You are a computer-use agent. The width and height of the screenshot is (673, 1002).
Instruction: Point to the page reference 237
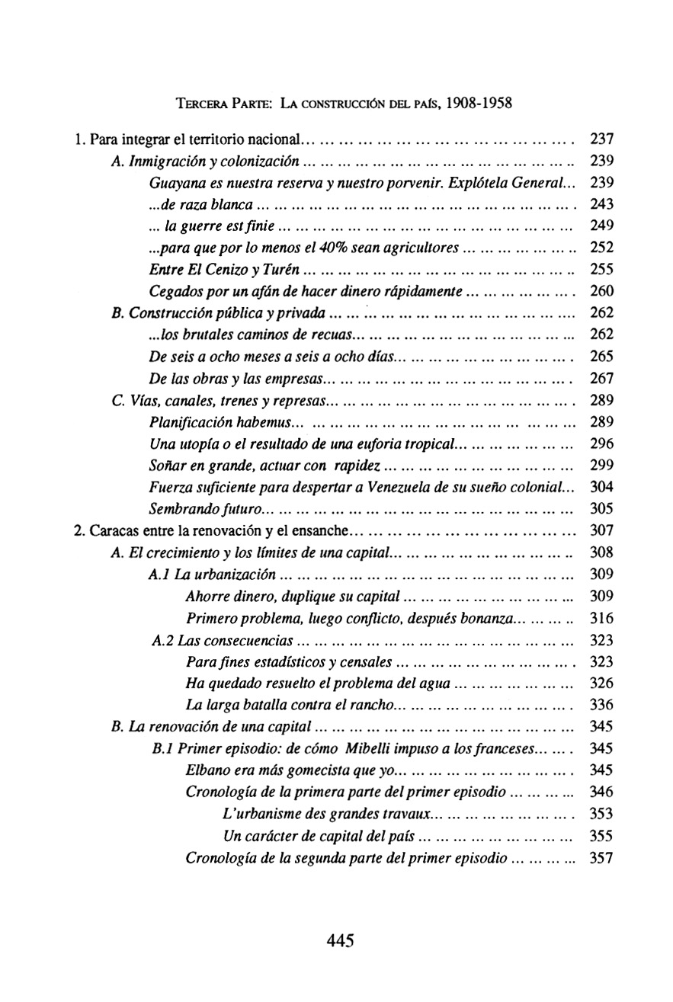(x=601, y=139)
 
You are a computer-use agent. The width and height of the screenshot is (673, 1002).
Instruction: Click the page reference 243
(x=601, y=204)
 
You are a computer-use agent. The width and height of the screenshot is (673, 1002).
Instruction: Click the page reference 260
(x=601, y=291)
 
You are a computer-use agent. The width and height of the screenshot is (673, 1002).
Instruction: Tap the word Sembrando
(x=182, y=508)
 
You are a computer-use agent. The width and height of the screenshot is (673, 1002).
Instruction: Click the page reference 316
(x=601, y=617)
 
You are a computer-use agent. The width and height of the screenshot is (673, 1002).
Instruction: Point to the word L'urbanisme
(x=258, y=814)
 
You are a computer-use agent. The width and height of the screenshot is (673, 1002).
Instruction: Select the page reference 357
(x=601, y=858)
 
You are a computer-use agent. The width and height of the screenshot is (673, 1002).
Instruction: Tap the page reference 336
(x=601, y=704)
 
